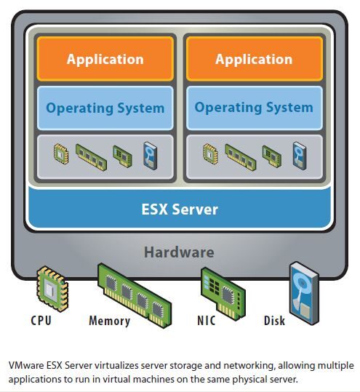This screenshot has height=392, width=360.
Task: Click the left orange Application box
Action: tap(105, 59)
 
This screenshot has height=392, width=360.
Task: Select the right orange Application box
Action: tap(254, 59)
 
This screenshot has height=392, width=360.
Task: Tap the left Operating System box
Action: tap(105, 108)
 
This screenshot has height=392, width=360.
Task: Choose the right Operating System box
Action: tap(254, 108)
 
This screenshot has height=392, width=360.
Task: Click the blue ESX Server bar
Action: tap(180, 210)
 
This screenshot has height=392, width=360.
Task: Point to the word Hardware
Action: tap(179, 252)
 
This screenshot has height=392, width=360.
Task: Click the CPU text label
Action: tap(41, 321)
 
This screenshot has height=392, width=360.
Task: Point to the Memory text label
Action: tap(109, 321)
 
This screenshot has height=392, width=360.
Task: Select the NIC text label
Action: tap(207, 321)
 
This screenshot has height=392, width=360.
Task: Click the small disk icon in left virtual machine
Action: tap(150, 153)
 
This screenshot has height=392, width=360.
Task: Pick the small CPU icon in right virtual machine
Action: tap(210, 152)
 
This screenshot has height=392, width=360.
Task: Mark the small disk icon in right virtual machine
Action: tap(298, 153)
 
